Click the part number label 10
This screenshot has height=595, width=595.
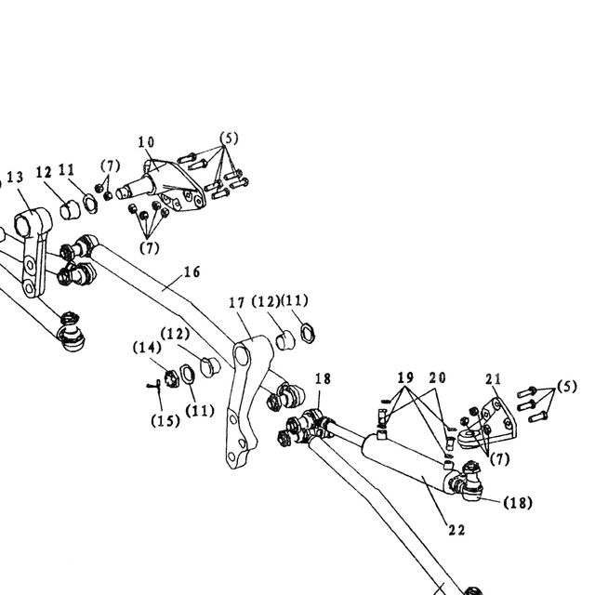click(146, 142)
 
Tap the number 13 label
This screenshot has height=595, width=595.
click(15, 178)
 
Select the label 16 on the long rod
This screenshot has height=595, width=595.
click(192, 271)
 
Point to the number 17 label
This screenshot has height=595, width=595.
click(237, 302)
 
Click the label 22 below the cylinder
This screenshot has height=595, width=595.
click(456, 530)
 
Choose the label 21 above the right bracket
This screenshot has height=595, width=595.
click(494, 378)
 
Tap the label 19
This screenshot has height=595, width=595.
click(405, 377)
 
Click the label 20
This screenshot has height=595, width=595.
click(438, 377)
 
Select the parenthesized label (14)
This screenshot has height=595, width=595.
click(147, 348)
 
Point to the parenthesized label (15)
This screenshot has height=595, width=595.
click(165, 420)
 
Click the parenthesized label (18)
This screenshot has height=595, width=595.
click(518, 503)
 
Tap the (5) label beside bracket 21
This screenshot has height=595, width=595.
click(567, 387)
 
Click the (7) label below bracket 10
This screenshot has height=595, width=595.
click(150, 248)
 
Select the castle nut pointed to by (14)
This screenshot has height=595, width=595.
click(171, 378)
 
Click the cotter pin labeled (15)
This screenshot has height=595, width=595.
click(153, 386)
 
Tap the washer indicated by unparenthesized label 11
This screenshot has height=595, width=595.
click(90, 204)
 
